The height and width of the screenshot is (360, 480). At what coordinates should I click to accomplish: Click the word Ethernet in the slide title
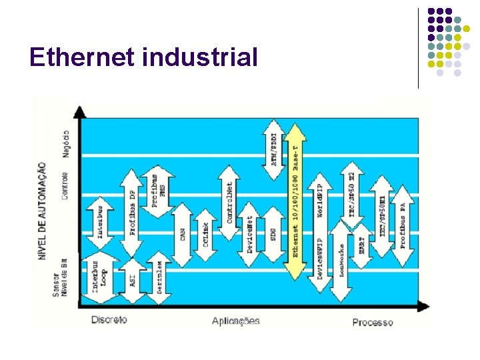[x=83, y=58]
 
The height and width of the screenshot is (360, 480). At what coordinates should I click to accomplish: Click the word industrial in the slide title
[x=200, y=58]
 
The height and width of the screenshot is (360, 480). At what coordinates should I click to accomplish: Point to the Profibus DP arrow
[x=132, y=212]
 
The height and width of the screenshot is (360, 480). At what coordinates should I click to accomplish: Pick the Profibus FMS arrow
[x=158, y=191]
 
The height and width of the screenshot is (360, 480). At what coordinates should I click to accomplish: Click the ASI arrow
[x=132, y=281]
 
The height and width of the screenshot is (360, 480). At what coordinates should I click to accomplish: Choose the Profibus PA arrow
[x=403, y=225]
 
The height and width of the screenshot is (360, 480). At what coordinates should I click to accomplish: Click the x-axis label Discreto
[x=109, y=320]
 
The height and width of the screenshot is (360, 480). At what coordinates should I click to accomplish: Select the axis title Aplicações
[x=236, y=321]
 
